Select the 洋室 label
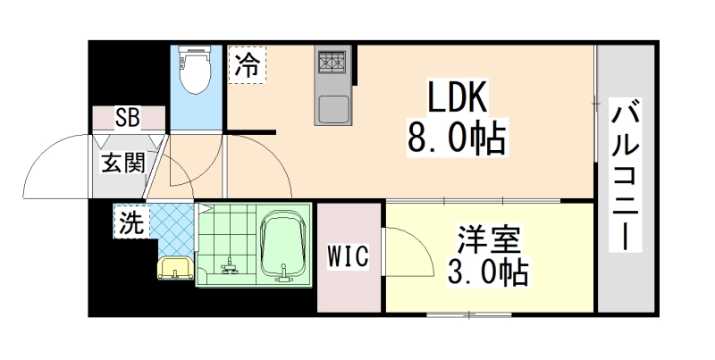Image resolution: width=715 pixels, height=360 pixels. (490, 239)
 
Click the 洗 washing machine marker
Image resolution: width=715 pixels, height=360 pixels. (131, 223)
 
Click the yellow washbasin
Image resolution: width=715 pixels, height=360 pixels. (175, 267)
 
